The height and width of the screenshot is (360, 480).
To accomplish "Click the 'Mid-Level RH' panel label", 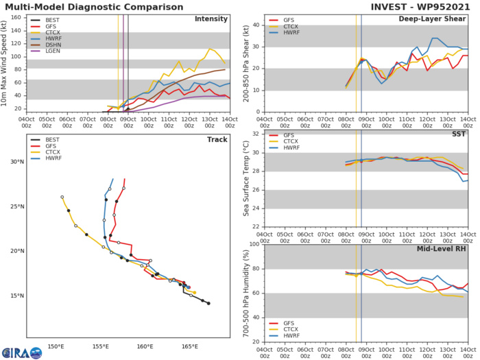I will (x=443, y=249).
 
